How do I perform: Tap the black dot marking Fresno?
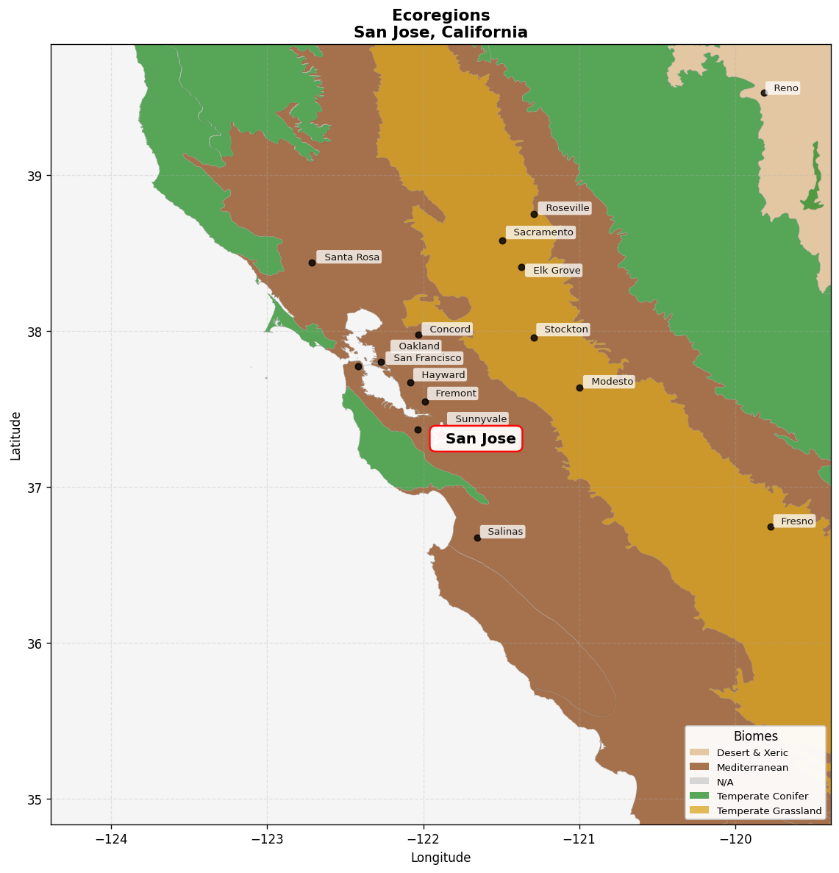click(771, 527)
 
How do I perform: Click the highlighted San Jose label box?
click(476, 439)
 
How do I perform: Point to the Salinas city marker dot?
click(477, 538)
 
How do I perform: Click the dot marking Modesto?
click(579, 388)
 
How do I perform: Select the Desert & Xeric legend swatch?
click(699, 752)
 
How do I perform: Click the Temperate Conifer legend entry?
click(762, 797)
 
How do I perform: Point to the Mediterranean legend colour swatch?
click(699, 767)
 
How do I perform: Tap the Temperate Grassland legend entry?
click(768, 811)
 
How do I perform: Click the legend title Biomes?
click(755, 736)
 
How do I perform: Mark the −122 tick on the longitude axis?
click(424, 839)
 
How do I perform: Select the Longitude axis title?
click(440, 858)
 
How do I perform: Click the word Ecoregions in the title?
click(440, 15)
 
